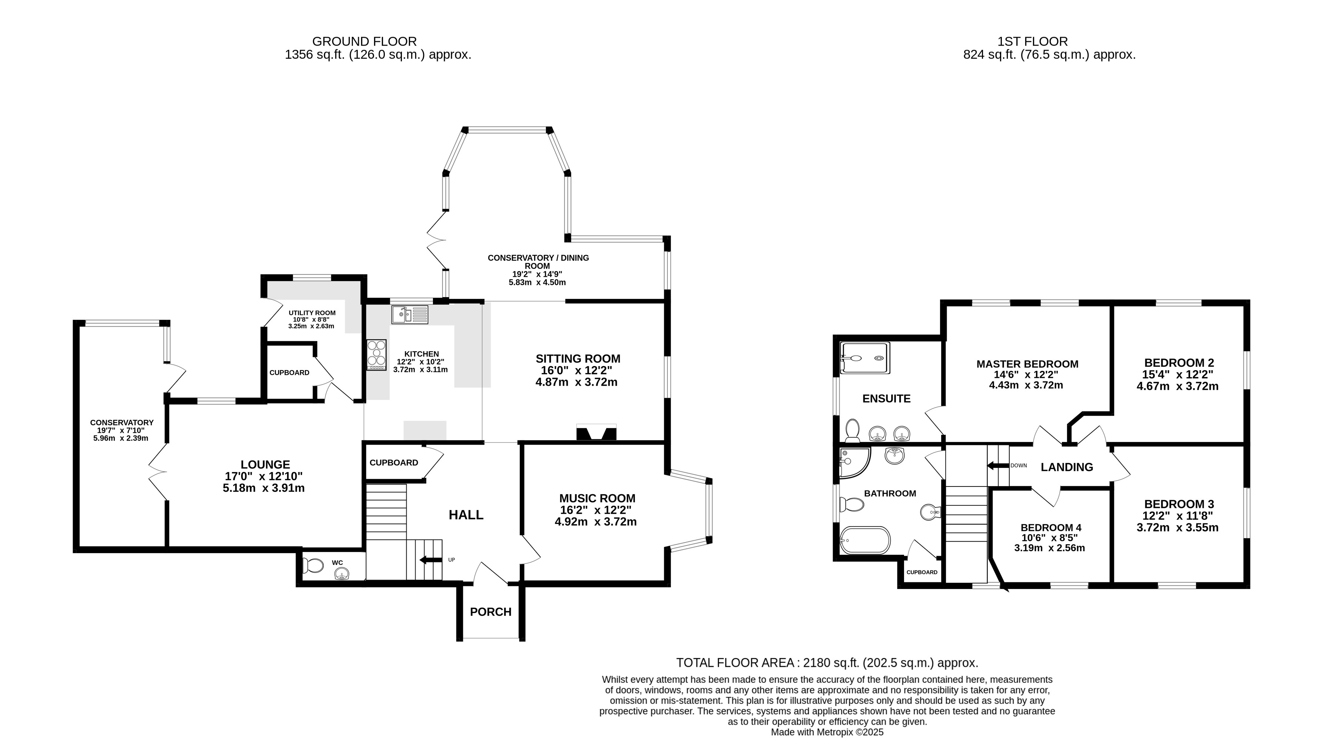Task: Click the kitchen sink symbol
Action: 409,314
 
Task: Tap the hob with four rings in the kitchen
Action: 376,354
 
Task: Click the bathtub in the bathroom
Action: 864,540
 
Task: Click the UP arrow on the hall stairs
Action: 430,560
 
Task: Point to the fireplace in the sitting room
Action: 596,432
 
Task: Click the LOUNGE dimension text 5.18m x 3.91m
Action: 263,488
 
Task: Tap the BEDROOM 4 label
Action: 1051,528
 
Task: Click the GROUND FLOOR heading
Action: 365,41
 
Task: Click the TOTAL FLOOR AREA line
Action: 827,662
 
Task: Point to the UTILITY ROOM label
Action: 312,313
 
